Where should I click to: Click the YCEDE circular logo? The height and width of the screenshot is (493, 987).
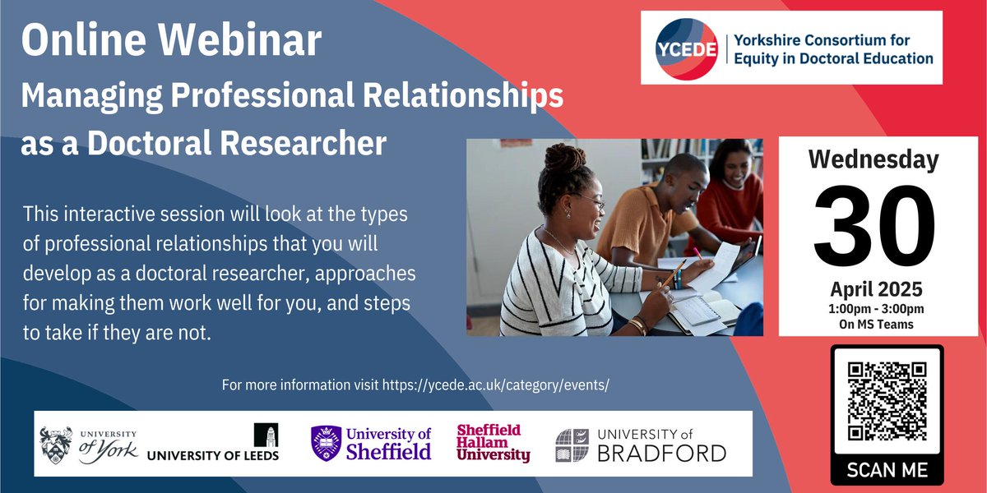point(683,48)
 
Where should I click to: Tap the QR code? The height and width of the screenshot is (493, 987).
point(887,402)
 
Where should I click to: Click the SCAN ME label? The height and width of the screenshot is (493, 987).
point(887,470)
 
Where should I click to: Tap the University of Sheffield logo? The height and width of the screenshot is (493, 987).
point(371,443)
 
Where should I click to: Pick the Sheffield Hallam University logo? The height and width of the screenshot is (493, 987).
point(493,443)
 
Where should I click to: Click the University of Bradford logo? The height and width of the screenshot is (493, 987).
point(642,445)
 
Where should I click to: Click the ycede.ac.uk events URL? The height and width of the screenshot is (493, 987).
point(496,385)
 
